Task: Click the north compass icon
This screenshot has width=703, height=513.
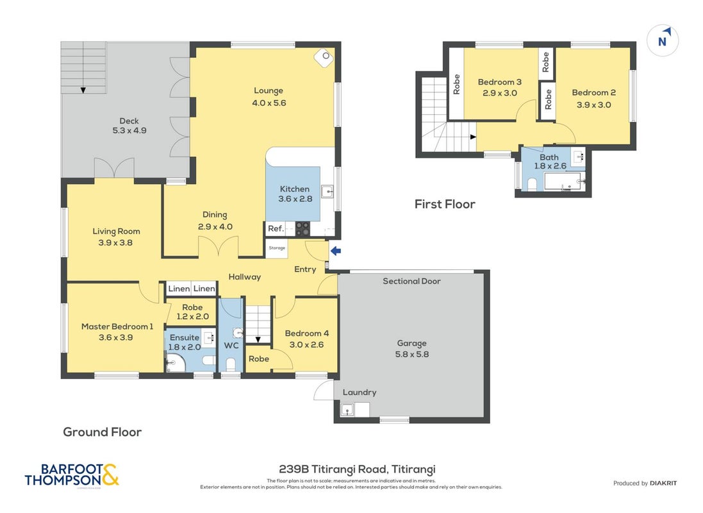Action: (x=662, y=40)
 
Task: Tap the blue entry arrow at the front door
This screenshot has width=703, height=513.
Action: (x=336, y=251)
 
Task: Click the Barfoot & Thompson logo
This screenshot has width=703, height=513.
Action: (x=72, y=475)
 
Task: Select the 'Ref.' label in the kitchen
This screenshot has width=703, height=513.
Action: (x=276, y=228)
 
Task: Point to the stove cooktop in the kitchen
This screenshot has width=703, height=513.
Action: (x=302, y=229)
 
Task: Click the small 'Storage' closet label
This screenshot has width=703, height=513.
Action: (x=277, y=248)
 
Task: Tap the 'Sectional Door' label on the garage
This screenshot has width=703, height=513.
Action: (x=411, y=281)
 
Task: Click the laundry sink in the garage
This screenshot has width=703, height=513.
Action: (x=347, y=410)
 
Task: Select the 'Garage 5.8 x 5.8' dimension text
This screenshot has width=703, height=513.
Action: (x=411, y=349)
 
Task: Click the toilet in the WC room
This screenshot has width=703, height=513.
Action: (x=231, y=364)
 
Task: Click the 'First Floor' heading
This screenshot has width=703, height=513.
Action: (x=445, y=204)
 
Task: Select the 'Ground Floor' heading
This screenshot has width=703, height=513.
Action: (x=103, y=432)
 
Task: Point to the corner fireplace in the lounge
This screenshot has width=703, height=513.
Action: (x=324, y=58)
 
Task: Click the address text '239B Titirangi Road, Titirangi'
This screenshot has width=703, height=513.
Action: (x=357, y=469)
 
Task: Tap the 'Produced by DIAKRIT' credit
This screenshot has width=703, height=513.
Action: (x=645, y=484)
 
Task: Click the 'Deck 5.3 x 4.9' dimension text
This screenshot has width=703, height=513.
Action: (x=129, y=126)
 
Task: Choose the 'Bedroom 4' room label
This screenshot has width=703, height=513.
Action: (x=307, y=333)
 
